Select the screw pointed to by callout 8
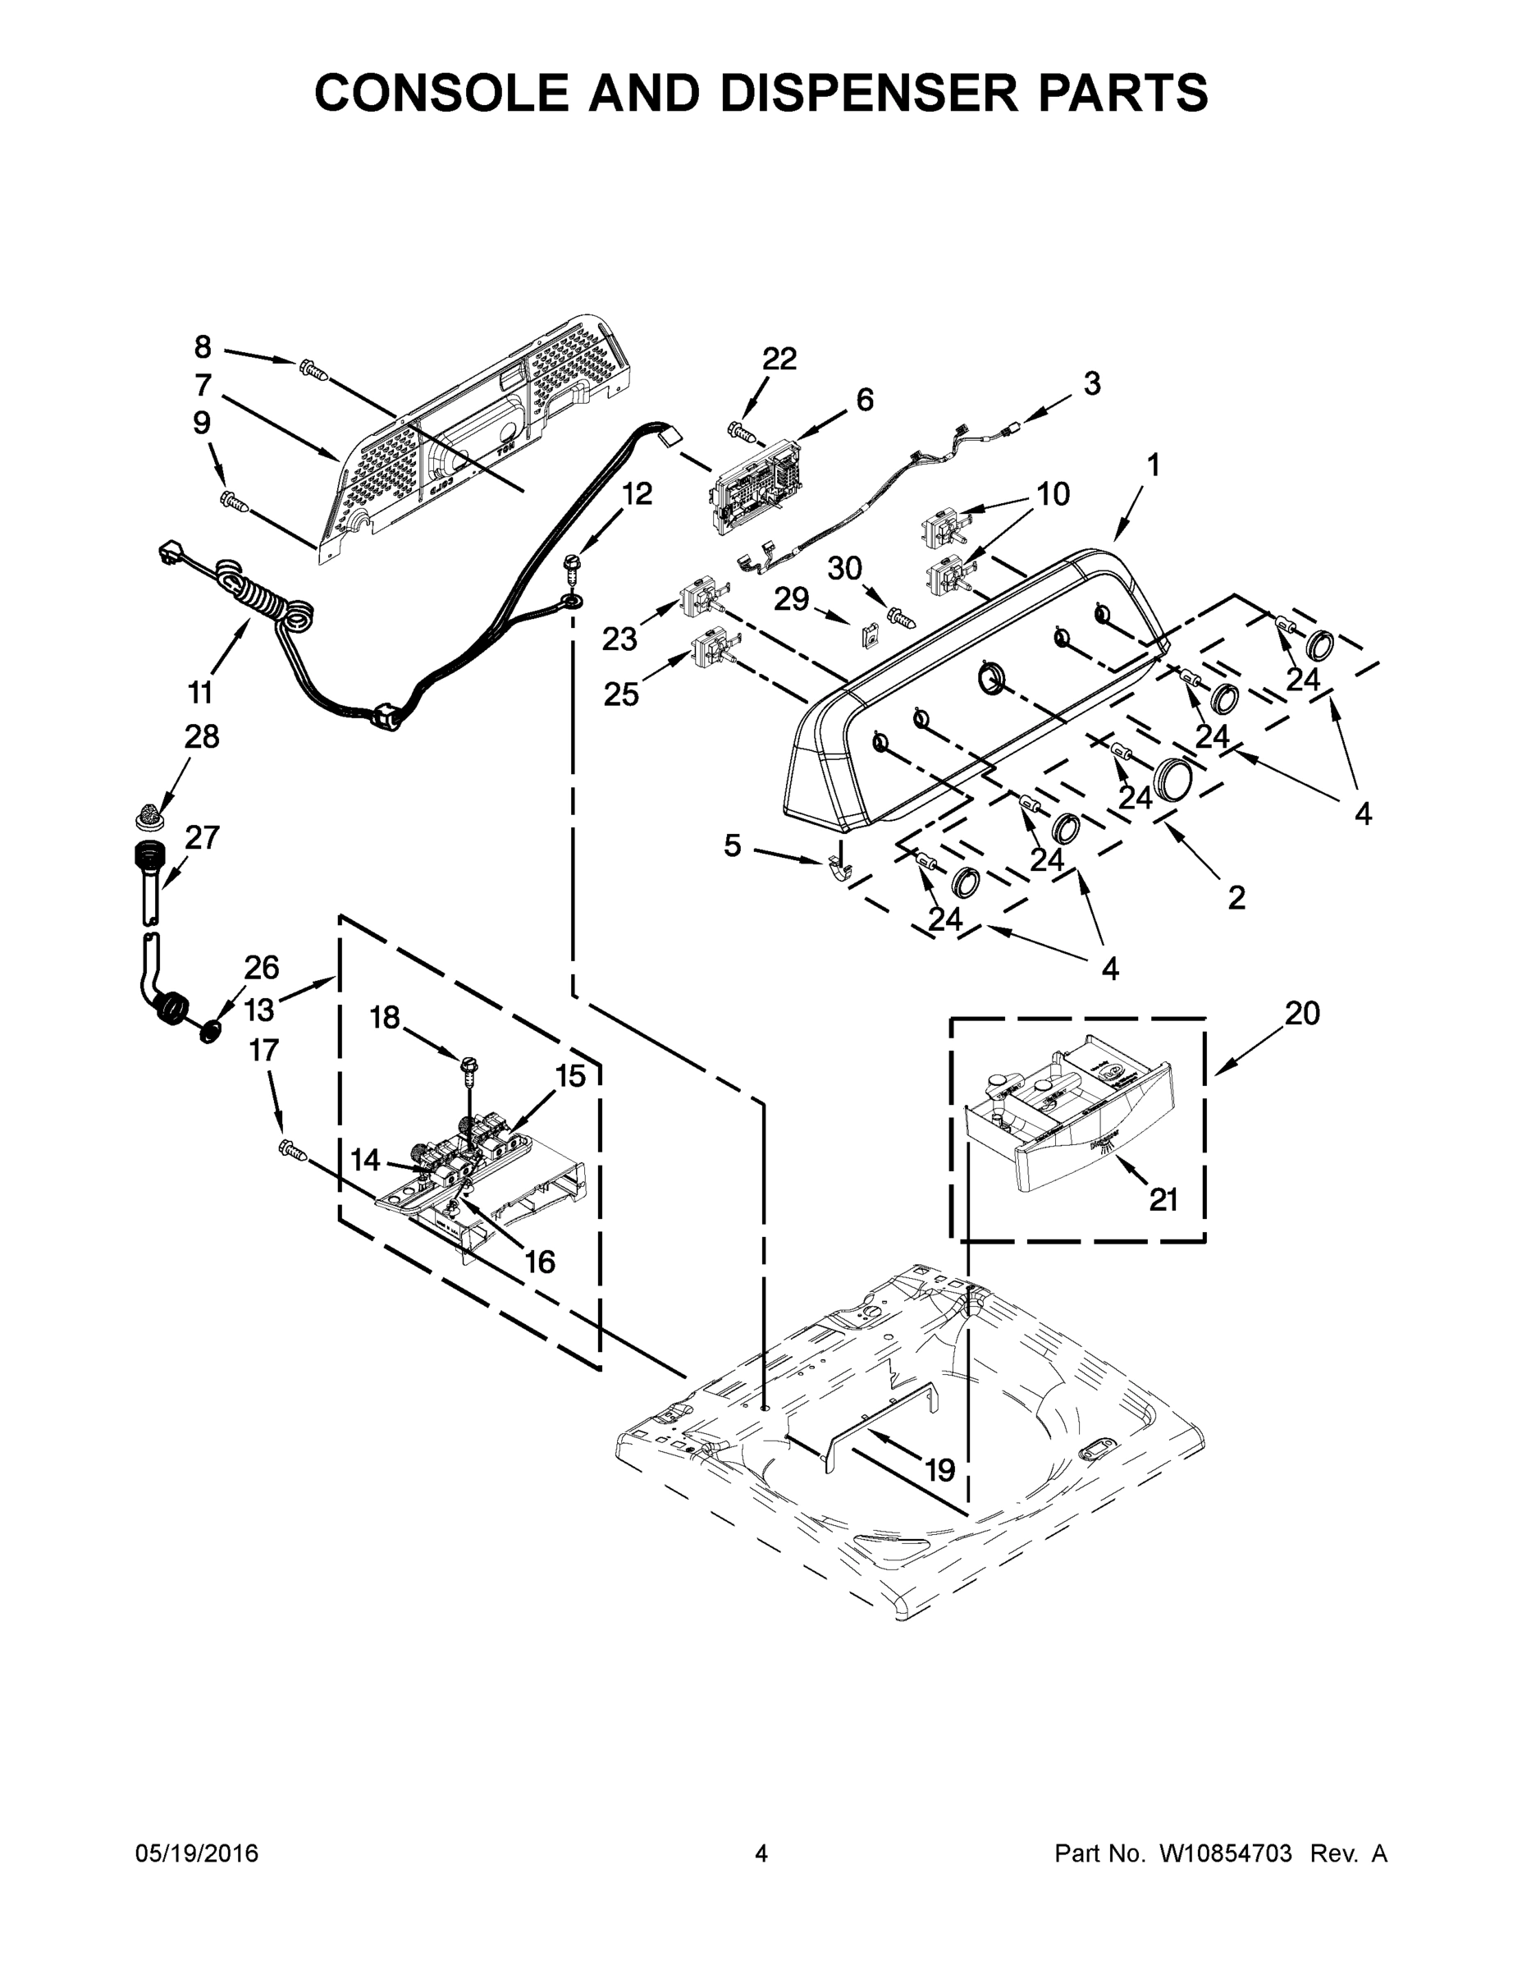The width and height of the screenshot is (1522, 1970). click(311, 368)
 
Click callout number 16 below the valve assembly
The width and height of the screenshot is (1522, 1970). click(539, 1261)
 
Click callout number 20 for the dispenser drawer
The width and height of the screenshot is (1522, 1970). click(1301, 1013)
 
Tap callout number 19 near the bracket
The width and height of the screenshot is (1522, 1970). click(939, 1469)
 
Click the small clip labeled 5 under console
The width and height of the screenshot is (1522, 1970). click(838, 869)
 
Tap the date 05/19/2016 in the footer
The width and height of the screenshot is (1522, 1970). click(197, 1853)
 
